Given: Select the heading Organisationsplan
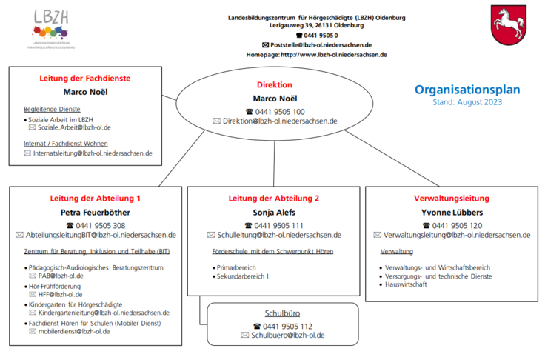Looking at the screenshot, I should point(467,90).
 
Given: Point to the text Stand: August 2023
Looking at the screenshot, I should point(467,102).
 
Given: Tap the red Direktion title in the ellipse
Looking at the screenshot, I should point(274,84).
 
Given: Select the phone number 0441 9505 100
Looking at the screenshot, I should point(279,111).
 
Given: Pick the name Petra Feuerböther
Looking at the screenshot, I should point(96,213).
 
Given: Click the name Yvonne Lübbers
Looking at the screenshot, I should point(452,213).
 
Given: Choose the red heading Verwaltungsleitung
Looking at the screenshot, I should point(452,199).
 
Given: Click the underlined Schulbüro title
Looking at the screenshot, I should point(282,313).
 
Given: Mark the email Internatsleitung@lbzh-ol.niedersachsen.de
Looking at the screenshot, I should point(93,153).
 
